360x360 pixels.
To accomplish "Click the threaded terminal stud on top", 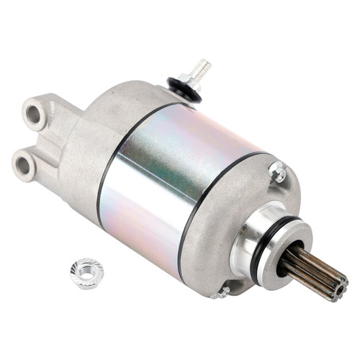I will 202,68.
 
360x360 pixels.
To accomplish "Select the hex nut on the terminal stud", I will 191,78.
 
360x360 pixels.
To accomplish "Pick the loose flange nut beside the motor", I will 86,272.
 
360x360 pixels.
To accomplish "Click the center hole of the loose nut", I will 86,271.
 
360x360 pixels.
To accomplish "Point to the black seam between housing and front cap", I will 191,216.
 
